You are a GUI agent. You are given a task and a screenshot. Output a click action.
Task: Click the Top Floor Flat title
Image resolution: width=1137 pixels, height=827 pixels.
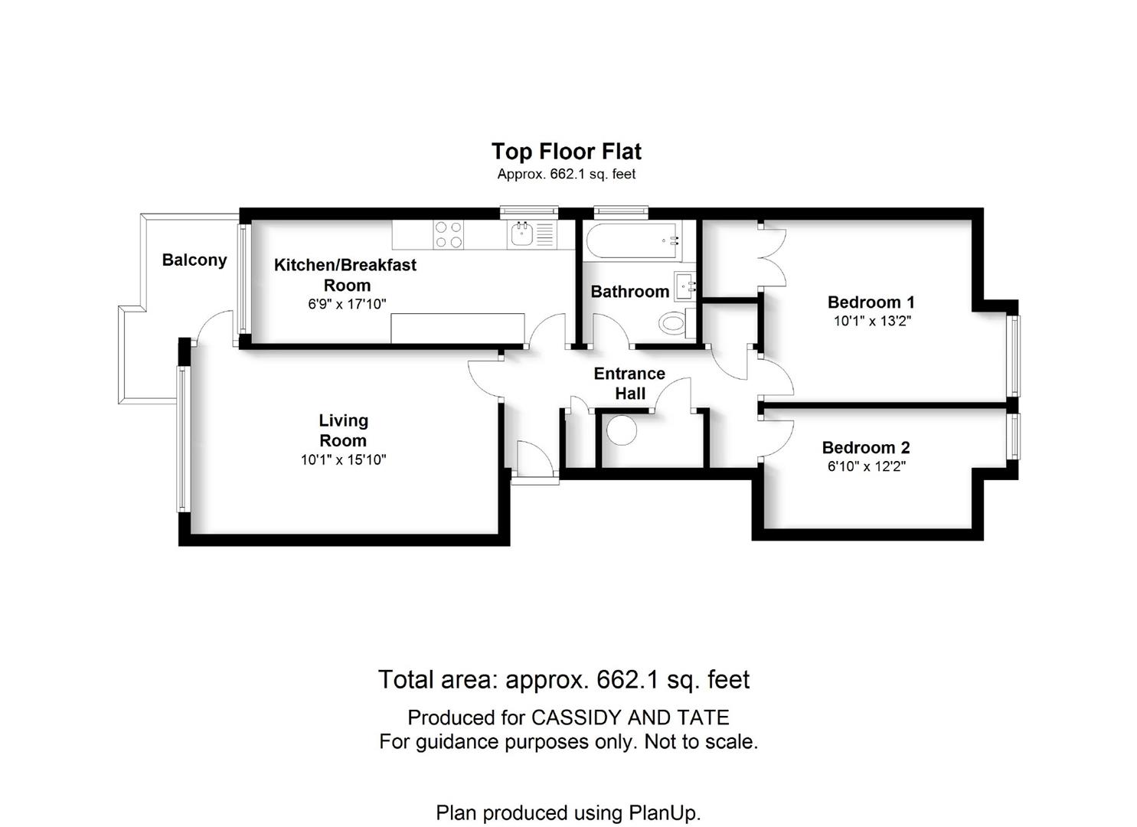(x=566, y=152)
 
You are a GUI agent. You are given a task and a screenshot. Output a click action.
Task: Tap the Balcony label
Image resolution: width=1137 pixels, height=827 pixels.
(x=194, y=260)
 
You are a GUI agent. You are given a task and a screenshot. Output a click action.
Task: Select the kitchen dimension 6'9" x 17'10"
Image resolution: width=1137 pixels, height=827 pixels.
(x=347, y=304)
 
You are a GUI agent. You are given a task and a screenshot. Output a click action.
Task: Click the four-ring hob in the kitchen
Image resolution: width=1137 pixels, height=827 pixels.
(x=449, y=234)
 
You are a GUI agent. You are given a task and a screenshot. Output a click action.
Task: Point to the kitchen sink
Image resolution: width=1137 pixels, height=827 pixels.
(x=521, y=234)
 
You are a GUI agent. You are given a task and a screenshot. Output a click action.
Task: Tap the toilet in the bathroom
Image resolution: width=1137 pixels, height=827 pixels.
(x=677, y=322)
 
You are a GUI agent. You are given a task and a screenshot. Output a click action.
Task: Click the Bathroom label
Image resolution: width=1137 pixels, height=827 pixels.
(x=630, y=292)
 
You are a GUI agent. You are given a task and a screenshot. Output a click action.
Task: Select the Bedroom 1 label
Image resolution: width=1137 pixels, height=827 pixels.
(x=871, y=302)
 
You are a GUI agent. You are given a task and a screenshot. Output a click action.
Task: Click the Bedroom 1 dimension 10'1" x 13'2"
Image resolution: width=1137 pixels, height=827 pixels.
(x=873, y=321)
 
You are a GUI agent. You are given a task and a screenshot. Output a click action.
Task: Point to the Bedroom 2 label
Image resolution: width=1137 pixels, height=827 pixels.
(x=866, y=447)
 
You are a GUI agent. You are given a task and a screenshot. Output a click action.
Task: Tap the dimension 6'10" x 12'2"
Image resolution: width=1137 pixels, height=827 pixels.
(x=867, y=466)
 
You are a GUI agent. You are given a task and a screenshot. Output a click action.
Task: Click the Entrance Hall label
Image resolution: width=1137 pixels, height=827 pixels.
(x=629, y=384)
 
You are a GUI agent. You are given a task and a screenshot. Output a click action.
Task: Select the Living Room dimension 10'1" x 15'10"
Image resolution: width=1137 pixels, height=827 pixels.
(x=344, y=460)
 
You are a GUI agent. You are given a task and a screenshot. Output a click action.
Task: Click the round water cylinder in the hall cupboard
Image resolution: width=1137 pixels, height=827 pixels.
(x=622, y=430)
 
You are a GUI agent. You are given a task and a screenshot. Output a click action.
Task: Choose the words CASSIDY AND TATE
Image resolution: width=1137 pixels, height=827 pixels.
(x=630, y=717)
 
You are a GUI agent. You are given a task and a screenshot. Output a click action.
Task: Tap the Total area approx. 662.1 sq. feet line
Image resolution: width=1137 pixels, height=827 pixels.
(x=564, y=679)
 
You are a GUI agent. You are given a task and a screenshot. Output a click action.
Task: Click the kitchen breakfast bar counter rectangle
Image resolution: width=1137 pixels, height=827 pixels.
(x=458, y=328)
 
